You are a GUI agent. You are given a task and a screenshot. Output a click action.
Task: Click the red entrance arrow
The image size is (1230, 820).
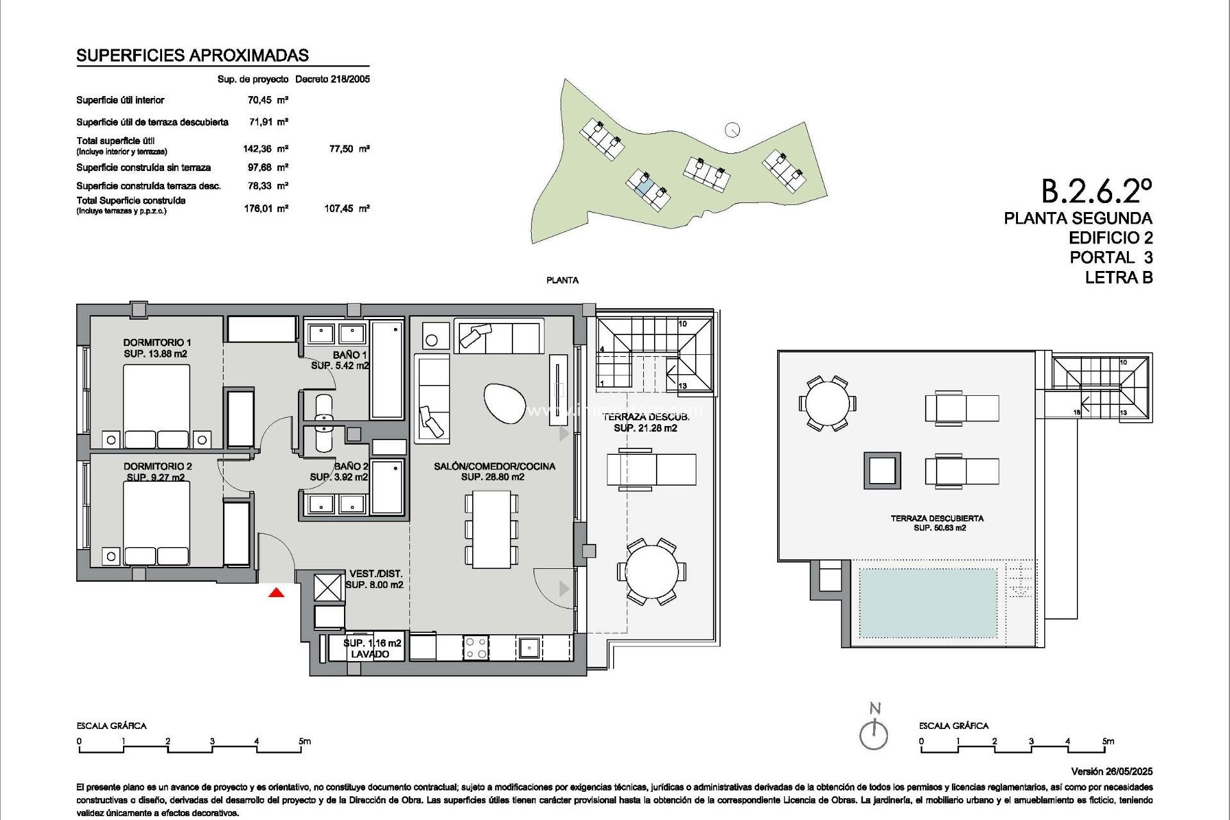pos(276,593)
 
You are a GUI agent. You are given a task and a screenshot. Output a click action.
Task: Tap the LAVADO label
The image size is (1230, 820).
pos(370,654)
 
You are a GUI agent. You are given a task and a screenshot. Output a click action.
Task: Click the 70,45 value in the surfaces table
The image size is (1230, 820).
pos(260,100)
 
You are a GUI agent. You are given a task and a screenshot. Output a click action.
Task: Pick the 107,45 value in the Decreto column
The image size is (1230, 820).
pos(340,208)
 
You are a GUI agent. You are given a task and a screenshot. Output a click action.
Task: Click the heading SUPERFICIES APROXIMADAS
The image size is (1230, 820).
pos(192,56)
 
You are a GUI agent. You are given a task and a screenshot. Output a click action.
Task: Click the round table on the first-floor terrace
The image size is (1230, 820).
pos(652,571)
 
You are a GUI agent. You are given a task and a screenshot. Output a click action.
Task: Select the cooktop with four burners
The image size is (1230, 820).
pos(476,647)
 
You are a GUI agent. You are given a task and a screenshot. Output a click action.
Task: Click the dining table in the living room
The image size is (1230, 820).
pos(491,529)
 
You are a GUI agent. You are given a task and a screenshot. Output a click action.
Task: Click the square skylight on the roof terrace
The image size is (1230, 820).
pos(882,470)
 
